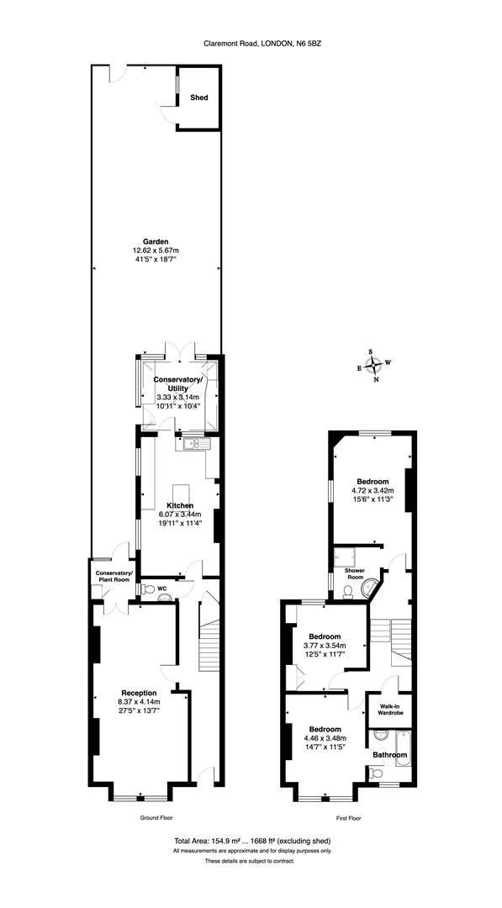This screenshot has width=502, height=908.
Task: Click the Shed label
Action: [199, 98]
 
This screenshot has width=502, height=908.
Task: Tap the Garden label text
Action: [156, 242]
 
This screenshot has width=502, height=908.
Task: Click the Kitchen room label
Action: [179, 505]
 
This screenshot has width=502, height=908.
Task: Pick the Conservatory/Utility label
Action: [177, 383]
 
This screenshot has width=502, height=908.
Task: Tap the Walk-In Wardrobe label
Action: [391, 709]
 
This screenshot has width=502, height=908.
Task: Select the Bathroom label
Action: [390, 755]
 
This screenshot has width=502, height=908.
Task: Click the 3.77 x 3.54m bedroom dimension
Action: [325, 646]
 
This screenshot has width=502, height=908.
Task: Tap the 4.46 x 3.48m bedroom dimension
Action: [325, 739]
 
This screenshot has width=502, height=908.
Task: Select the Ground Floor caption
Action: [156, 816]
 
